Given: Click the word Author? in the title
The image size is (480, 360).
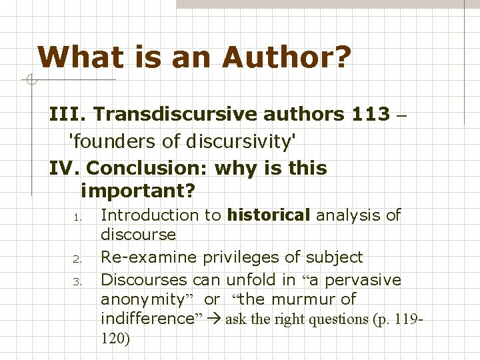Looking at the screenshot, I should tap(287, 57).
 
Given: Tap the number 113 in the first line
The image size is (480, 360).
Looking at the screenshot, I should tap(369, 114).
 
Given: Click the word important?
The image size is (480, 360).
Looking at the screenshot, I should tap(137, 192).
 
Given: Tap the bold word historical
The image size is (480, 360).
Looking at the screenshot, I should tap(269, 215).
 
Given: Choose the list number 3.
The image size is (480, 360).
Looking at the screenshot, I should tap(77, 280).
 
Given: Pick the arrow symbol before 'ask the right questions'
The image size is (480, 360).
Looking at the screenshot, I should tap(214, 319).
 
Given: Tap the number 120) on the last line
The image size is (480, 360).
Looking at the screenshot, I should tap(116, 339).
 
